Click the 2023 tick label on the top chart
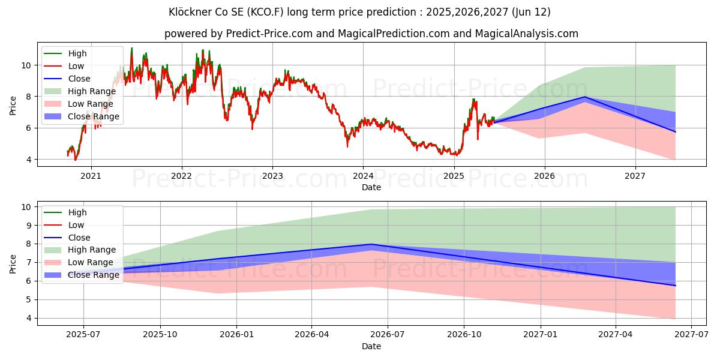coord(272,176)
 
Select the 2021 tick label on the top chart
coord(91,176)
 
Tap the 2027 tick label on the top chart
coord(635,176)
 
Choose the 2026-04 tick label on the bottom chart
coord(312,334)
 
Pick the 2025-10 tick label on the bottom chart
coord(160,334)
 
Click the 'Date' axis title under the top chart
coord(371,187)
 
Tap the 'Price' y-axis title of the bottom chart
coord(13,263)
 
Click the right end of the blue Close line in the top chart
coord(675,132)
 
